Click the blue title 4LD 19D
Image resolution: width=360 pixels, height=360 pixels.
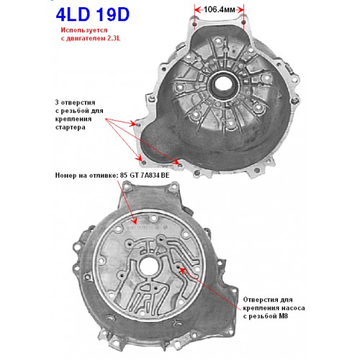(x=93, y=14)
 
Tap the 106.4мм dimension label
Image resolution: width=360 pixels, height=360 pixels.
(x=219, y=9)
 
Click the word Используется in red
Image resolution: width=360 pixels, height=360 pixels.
(x=84, y=30)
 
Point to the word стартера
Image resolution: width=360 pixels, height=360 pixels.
(x=70, y=127)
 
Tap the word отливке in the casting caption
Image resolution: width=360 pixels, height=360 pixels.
(x=104, y=176)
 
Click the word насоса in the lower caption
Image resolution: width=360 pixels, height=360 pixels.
(x=292, y=308)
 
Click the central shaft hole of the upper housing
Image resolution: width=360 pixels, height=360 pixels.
(x=224, y=84)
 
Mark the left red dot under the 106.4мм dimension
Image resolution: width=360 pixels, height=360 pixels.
(x=194, y=24)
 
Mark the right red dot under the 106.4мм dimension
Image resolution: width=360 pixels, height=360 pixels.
(x=243, y=22)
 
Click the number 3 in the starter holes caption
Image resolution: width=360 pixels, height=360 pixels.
(x=57, y=102)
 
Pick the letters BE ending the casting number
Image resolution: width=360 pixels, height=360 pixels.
(x=166, y=176)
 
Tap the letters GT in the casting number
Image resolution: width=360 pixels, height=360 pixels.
(x=135, y=176)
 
